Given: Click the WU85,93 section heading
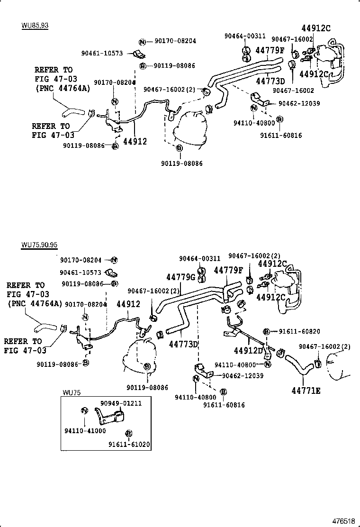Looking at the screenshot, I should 35,25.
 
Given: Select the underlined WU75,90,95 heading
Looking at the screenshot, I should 39,245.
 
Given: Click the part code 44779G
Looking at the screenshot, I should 181,277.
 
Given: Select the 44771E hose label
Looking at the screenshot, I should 306,391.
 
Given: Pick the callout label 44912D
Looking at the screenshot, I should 248,351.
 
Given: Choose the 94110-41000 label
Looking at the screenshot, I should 85,431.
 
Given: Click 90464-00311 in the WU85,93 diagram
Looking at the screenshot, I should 245,36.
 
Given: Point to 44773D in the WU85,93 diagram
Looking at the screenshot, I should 270,81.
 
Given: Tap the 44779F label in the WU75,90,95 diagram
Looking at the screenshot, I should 228,270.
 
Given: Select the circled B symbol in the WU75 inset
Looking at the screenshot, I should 129,433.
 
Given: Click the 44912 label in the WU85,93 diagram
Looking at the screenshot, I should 135,141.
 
